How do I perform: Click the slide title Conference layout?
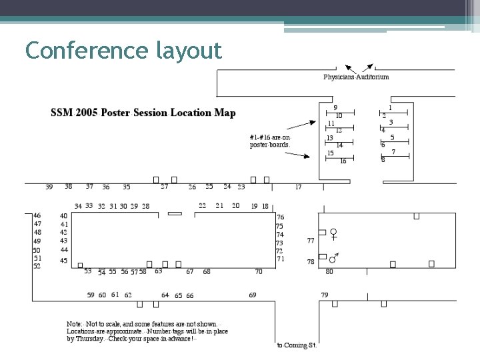tap(123, 50)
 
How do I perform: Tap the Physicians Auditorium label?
tap(356, 77)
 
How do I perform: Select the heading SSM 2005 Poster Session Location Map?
tap(143, 113)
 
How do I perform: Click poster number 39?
tap(49, 187)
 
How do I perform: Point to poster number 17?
tap(298, 187)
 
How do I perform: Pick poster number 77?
tap(311, 240)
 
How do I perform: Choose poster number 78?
tap(311, 262)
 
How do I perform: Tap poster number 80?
tap(329, 271)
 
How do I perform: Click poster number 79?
tap(325, 295)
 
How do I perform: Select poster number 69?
tap(253, 295)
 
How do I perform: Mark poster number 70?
tap(259, 271)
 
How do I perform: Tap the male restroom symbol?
tap(333, 257)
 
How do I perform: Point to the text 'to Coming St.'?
tap(297, 345)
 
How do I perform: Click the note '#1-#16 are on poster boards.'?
tap(271, 141)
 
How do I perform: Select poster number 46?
tap(37, 215)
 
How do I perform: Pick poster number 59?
tap(91, 295)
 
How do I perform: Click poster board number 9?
tap(335, 107)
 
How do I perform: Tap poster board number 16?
tap(343, 161)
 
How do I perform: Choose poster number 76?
tap(281, 217)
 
